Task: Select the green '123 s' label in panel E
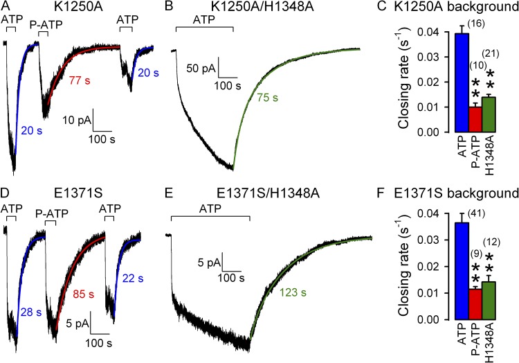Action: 294,293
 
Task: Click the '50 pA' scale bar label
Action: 201,69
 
